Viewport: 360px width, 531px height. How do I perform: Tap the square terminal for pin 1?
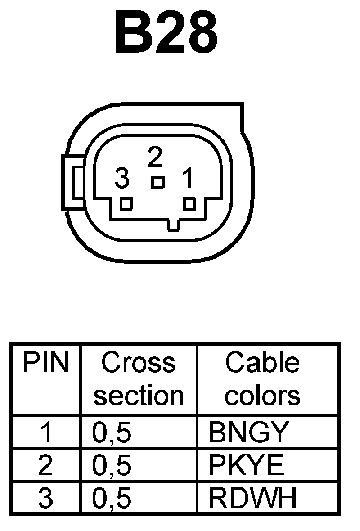190,204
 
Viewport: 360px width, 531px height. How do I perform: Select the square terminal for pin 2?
157,182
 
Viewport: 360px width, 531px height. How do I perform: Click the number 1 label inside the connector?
187,179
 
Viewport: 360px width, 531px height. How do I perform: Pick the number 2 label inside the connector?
154,157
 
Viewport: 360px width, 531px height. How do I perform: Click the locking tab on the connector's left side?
73,182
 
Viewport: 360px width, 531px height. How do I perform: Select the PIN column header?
46,363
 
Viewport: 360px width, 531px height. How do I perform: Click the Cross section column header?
139,379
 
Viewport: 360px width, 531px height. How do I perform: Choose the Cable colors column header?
263,379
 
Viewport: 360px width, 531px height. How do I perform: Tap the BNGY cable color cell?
247,432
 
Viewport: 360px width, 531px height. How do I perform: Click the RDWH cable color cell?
252,499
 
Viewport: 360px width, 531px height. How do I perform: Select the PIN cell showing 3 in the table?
45,499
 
